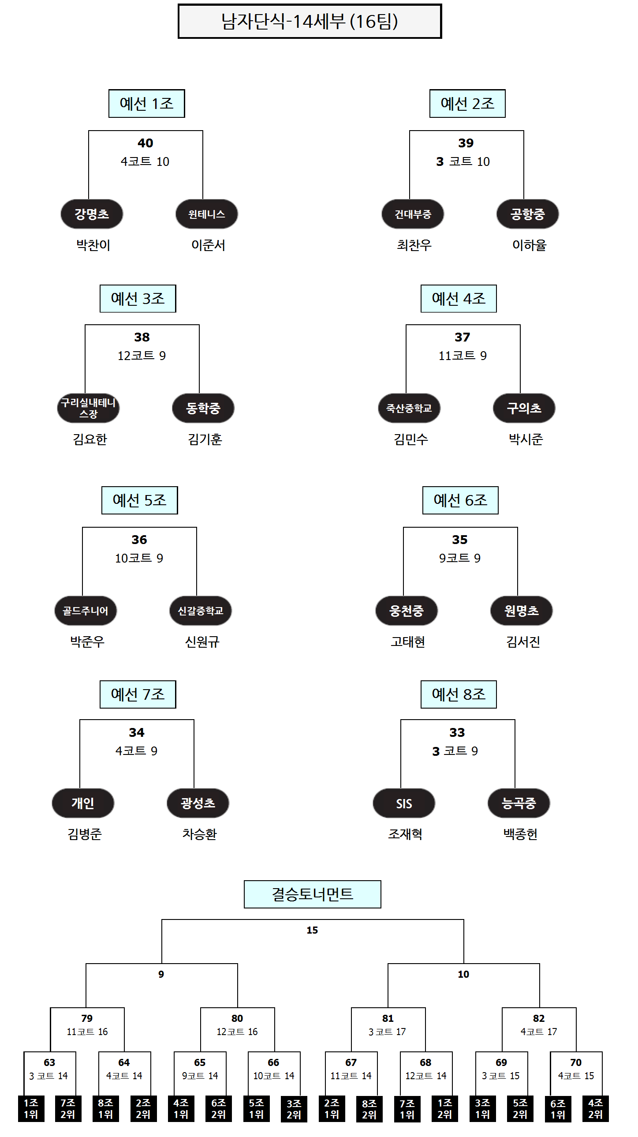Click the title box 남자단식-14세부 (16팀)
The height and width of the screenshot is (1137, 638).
[x=309, y=21]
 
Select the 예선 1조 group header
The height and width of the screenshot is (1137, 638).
[x=146, y=104]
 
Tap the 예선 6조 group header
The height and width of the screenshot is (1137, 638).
[x=460, y=500]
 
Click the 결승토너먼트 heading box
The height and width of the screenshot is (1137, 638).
[x=312, y=894]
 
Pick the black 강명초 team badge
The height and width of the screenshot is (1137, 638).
[x=92, y=214]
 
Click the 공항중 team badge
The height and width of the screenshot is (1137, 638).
[x=528, y=214]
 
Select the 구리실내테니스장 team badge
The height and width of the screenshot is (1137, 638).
[x=88, y=408]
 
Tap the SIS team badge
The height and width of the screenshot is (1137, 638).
[x=404, y=803]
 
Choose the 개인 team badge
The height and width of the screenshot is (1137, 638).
[x=83, y=803]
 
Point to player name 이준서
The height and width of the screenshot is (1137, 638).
[x=208, y=245]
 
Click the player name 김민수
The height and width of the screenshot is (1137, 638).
[x=411, y=439]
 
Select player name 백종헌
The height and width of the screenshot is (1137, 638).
[x=521, y=834]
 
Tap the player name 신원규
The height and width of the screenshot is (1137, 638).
[x=202, y=642]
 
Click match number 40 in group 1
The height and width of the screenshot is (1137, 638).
[x=145, y=143]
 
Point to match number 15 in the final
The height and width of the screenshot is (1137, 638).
[x=312, y=930]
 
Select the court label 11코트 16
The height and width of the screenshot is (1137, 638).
[x=87, y=1032]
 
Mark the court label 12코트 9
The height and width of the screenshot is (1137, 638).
[x=142, y=355]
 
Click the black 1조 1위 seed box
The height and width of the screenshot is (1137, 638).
[x=31, y=1108]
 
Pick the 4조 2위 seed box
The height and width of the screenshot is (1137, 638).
[x=595, y=1108]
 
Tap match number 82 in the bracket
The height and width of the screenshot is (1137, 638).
[x=539, y=1018]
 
